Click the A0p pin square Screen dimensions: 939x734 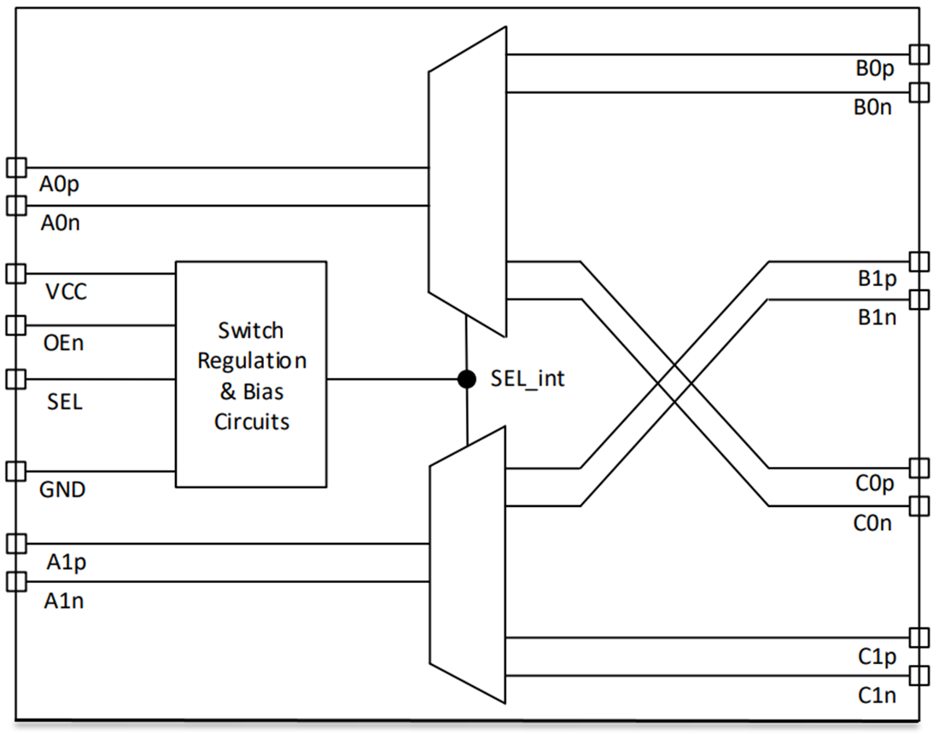click(16, 167)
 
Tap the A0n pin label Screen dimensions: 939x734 click(60, 223)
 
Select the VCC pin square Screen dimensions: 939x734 click(16, 274)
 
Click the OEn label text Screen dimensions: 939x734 click(63, 343)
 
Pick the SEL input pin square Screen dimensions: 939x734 click(16, 379)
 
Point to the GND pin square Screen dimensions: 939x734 click(16, 471)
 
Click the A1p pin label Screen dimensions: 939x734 click(67, 562)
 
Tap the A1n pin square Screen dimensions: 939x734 click(16, 581)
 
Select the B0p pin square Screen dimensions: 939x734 click(919, 55)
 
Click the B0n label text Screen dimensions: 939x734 click(872, 108)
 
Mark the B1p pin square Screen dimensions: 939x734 click(919, 262)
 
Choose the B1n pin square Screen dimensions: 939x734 click(919, 299)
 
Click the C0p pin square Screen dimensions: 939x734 click(919, 468)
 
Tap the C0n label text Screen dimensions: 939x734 click(872, 523)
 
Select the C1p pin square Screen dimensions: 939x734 click(919, 638)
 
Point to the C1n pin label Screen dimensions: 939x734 click(877, 695)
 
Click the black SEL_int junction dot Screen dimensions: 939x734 click(466, 379)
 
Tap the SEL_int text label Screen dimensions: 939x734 click(528, 378)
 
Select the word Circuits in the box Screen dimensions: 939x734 click(252, 422)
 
